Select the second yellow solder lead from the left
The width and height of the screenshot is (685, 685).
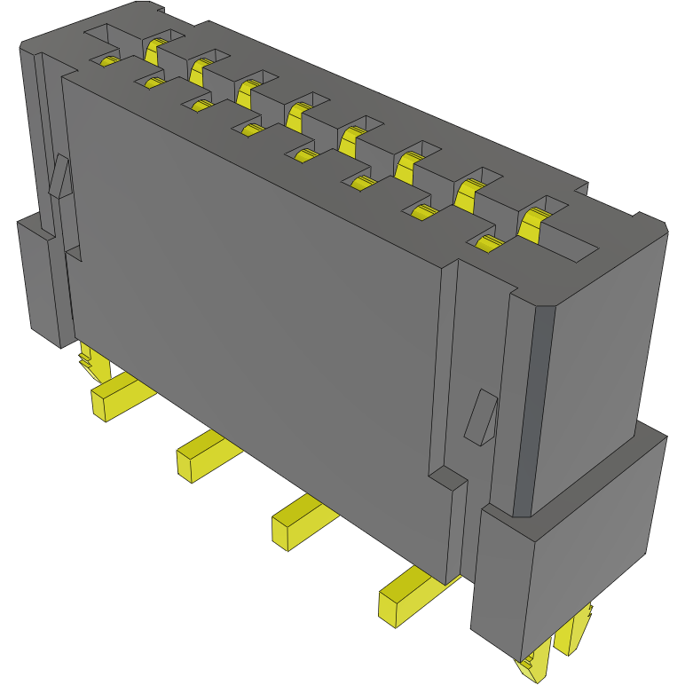(x=204, y=454)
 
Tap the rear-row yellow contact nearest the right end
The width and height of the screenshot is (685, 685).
(x=533, y=224)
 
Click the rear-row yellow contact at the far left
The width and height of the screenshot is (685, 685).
(x=157, y=47)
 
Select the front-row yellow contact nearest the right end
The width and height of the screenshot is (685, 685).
(x=487, y=244)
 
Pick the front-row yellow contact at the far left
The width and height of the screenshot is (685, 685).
(x=108, y=60)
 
